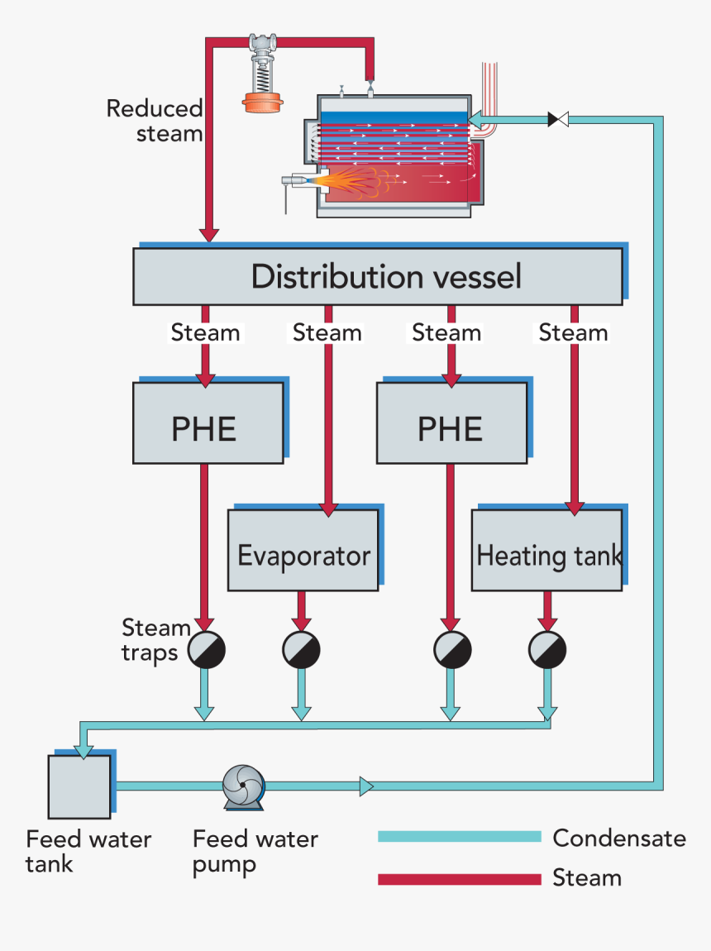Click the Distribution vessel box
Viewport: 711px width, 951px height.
[377, 276]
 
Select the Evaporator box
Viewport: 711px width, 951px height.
[303, 550]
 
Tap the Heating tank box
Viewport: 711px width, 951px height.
[546, 550]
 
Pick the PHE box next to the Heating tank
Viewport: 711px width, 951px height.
[451, 423]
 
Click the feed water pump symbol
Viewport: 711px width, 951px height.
[243, 786]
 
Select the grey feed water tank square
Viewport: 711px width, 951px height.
[79, 786]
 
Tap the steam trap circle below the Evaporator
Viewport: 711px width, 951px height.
[301, 650]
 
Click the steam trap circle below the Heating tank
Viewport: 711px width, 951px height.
[546, 650]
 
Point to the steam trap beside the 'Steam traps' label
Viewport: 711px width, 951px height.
[206, 650]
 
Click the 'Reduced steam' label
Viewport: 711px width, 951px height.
[155, 121]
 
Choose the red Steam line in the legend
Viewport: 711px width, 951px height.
[459, 878]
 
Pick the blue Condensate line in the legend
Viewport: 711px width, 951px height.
[459, 837]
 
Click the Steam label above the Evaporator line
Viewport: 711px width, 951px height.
[327, 332]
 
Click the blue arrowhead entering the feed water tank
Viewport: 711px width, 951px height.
[83, 750]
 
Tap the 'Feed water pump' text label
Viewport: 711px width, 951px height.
[255, 852]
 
